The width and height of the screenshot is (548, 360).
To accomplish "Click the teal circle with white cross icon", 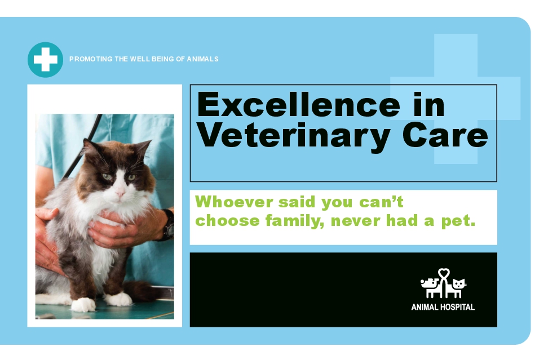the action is (x=46, y=60).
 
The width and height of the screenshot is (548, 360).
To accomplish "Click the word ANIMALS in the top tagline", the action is (x=203, y=59).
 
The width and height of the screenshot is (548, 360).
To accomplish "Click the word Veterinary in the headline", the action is (x=294, y=136).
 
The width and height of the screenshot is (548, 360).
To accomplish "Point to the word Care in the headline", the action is (x=445, y=135).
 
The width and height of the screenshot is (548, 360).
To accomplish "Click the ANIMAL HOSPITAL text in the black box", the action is (x=443, y=307).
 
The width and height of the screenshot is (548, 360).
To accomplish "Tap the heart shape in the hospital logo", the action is (x=444, y=273).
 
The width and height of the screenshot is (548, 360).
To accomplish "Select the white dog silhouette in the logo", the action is (x=431, y=288).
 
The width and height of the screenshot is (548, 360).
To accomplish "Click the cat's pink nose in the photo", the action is (x=120, y=192).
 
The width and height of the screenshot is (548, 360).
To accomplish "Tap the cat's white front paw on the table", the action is (x=83, y=304).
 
